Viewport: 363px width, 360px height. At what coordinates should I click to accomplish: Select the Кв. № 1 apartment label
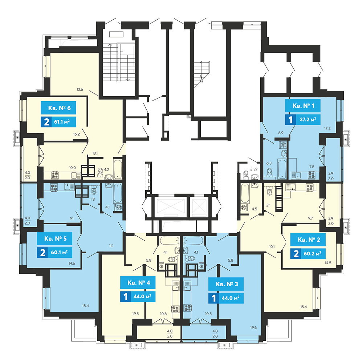coord(303,106)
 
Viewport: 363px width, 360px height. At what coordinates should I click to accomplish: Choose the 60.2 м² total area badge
coord(308,254)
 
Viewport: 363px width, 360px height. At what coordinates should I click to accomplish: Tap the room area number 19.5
coord(135,314)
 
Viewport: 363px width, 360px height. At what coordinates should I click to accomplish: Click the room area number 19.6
coord(253,327)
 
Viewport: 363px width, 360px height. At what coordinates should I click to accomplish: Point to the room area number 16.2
coord(76,134)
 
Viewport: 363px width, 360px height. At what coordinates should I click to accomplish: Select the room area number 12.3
coord(327,128)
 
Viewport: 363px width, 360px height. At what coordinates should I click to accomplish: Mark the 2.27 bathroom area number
coord(254,169)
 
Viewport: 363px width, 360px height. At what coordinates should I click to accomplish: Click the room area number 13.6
coord(79,89)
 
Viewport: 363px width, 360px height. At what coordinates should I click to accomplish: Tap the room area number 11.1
coord(111,246)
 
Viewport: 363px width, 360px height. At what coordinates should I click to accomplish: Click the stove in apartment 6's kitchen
coord(55,175)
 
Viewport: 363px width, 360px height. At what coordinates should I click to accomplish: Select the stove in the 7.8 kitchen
coord(311,175)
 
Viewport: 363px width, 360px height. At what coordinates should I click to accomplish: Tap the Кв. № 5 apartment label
coord(55,238)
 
